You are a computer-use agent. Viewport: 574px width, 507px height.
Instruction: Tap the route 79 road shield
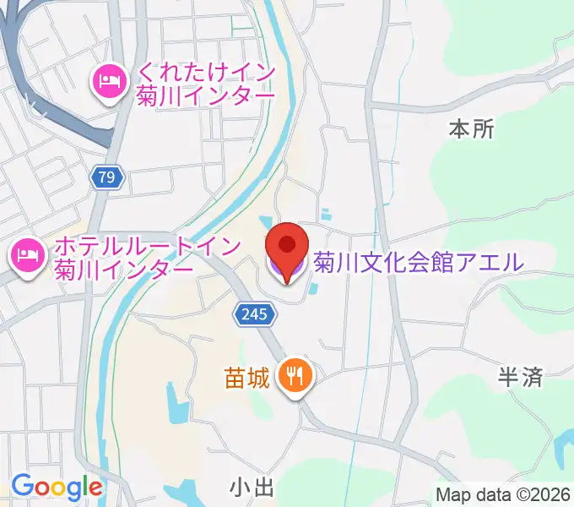106,177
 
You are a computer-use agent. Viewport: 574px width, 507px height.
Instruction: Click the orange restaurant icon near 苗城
295,374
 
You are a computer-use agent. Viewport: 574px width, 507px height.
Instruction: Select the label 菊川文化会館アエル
419,262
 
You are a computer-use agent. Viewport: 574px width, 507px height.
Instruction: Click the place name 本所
471,129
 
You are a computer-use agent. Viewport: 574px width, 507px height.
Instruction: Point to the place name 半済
520,378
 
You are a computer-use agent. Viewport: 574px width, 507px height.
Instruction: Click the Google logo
57,487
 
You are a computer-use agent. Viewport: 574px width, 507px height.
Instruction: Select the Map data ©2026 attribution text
502,493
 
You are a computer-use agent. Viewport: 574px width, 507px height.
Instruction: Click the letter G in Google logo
23,486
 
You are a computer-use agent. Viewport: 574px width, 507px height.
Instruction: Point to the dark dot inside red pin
288,244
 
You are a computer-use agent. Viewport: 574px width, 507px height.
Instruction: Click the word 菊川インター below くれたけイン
206,95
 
